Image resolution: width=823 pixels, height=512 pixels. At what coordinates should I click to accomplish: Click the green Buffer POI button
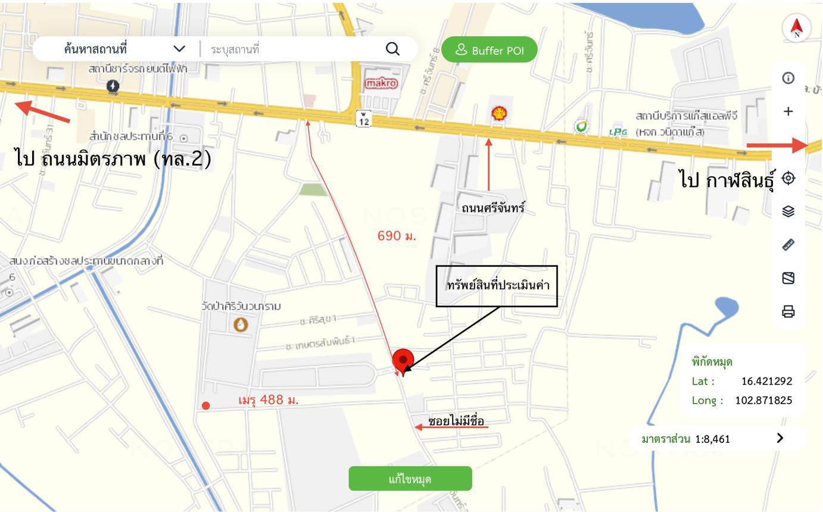click(x=490, y=50)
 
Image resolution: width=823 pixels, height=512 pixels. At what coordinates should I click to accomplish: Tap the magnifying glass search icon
click(x=392, y=49)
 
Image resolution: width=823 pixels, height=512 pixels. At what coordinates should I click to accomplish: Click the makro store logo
click(x=381, y=83)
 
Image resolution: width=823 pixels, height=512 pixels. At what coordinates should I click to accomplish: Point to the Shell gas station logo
click(x=499, y=113)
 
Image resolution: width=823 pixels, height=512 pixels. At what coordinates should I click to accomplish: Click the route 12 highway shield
click(x=363, y=118)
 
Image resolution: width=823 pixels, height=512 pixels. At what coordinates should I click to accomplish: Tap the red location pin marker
click(x=403, y=360)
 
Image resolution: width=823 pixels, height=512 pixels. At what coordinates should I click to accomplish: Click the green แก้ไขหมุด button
click(x=410, y=479)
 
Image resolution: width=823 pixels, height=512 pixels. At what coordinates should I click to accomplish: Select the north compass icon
click(x=797, y=27)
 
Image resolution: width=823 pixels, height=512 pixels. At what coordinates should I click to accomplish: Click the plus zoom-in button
click(x=788, y=111)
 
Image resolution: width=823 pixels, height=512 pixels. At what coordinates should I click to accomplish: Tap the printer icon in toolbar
click(x=788, y=311)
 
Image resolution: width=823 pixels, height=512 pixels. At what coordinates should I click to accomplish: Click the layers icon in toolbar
click(x=788, y=211)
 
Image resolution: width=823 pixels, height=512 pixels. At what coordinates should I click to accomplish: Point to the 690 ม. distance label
click(x=397, y=236)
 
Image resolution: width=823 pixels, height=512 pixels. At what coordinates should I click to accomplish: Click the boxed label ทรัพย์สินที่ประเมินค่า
click(x=497, y=286)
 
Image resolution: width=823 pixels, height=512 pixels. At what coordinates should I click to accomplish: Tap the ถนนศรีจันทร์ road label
click(x=493, y=208)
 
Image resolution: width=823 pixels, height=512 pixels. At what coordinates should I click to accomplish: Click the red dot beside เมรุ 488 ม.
click(x=205, y=405)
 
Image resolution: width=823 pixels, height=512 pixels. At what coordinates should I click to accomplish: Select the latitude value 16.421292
click(x=766, y=381)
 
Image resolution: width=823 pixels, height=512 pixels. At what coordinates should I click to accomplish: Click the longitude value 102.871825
click(x=763, y=400)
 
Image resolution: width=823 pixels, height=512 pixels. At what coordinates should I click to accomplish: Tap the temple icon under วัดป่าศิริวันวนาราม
click(x=241, y=324)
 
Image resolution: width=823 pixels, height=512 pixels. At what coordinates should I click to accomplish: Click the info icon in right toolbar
click(x=788, y=78)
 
